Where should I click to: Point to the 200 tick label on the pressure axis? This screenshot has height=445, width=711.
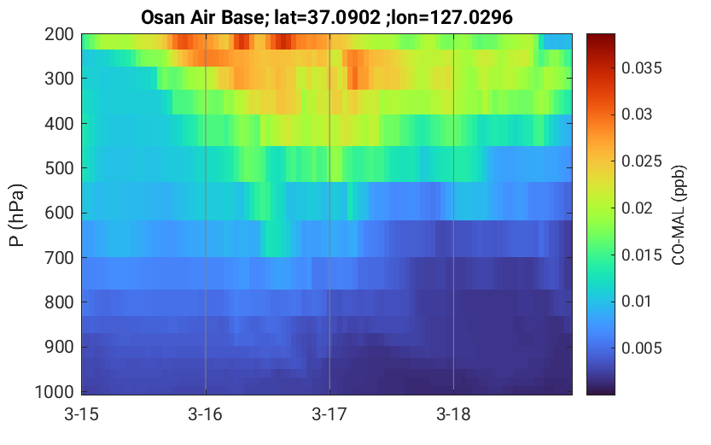pos(59,34)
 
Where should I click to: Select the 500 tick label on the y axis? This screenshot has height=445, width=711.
pos(59,168)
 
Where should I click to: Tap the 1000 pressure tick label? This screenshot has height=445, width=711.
pos(55,391)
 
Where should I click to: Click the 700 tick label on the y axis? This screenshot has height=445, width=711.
pos(59,258)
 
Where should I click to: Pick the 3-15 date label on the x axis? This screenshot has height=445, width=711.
pos(82,414)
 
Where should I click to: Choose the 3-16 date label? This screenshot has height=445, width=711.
pos(206,414)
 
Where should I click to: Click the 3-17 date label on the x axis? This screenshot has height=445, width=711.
pos(329,414)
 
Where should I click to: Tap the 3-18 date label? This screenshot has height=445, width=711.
pos(453,414)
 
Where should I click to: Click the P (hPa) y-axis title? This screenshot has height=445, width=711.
pos(17,215)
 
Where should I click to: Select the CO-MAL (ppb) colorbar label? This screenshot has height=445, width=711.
pos(678,215)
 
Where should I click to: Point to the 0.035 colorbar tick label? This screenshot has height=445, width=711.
pos(642,68)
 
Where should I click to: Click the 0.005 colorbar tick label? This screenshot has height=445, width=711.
pos(642,348)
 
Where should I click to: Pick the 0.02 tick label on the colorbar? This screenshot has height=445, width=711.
pos(637,208)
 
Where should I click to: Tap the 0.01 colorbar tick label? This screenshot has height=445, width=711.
pos(637,302)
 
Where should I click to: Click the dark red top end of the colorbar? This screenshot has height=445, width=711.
pos(601,36)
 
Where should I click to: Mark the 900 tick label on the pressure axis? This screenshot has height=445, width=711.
pos(59,347)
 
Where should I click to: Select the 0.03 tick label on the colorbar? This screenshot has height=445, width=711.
pos(637,114)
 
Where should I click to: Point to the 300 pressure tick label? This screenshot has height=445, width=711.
pos(59,79)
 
